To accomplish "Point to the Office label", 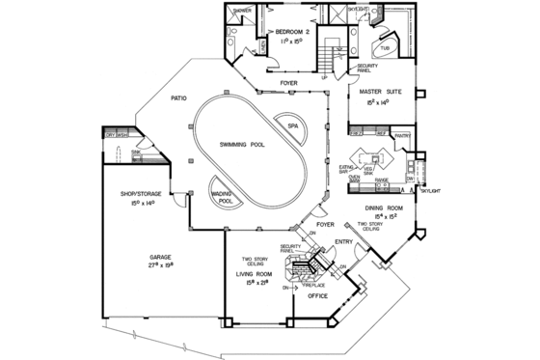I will (317, 297).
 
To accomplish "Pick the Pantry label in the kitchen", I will (402, 136).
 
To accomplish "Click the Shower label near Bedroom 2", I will (241, 12).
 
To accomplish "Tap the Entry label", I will (342, 241).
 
